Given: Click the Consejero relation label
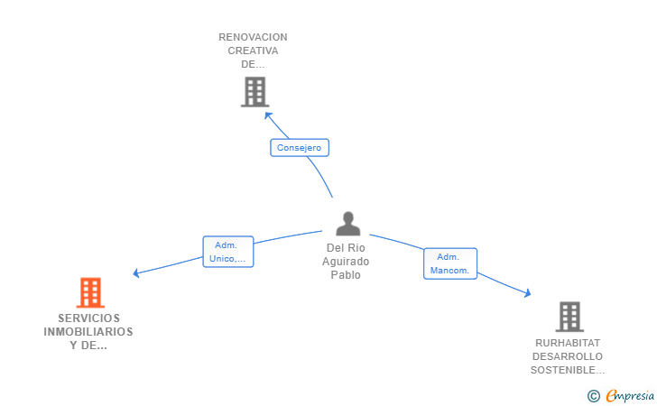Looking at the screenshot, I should click(x=300, y=148).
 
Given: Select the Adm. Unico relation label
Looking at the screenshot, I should click(x=227, y=252).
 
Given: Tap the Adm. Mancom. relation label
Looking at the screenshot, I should click(x=449, y=263).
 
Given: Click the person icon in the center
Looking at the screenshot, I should click(x=347, y=224).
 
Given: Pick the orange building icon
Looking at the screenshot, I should click(x=90, y=292).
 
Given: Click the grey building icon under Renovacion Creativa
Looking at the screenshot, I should click(x=255, y=91).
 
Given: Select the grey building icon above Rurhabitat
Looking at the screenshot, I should click(x=569, y=317).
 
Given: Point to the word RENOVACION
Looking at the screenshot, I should click(x=253, y=37).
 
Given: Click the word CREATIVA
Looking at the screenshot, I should click(x=253, y=51).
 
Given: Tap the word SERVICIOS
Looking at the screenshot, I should click(x=88, y=318).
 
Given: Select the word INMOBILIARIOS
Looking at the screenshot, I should click(x=88, y=331).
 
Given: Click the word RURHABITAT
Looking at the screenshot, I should click(x=568, y=343).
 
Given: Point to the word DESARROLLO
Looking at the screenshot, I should click(x=568, y=356).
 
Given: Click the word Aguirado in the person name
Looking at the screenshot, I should click(x=347, y=262).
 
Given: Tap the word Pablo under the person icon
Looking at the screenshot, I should click(x=347, y=275).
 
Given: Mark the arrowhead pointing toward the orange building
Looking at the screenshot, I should click(x=136, y=272).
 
